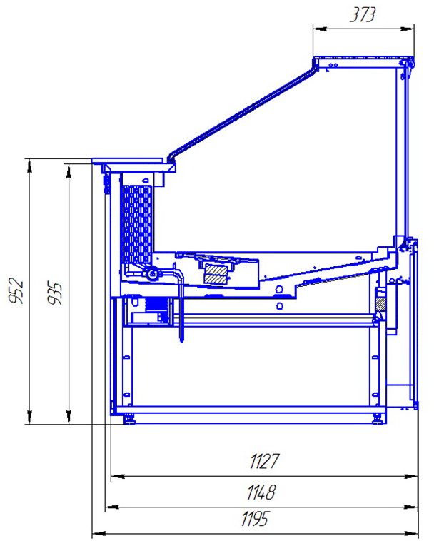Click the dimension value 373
tap(362, 15)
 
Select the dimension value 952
tap(16, 290)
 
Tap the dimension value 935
tap(54, 293)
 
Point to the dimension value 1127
tap(264, 461)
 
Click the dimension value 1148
tap(261, 492)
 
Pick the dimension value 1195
tap(255, 519)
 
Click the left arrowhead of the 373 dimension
tap(320, 29)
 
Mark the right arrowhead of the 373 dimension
tap(408, 29)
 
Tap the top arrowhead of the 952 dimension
tap(30, 166)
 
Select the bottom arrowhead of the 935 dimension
tap(69, 418)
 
